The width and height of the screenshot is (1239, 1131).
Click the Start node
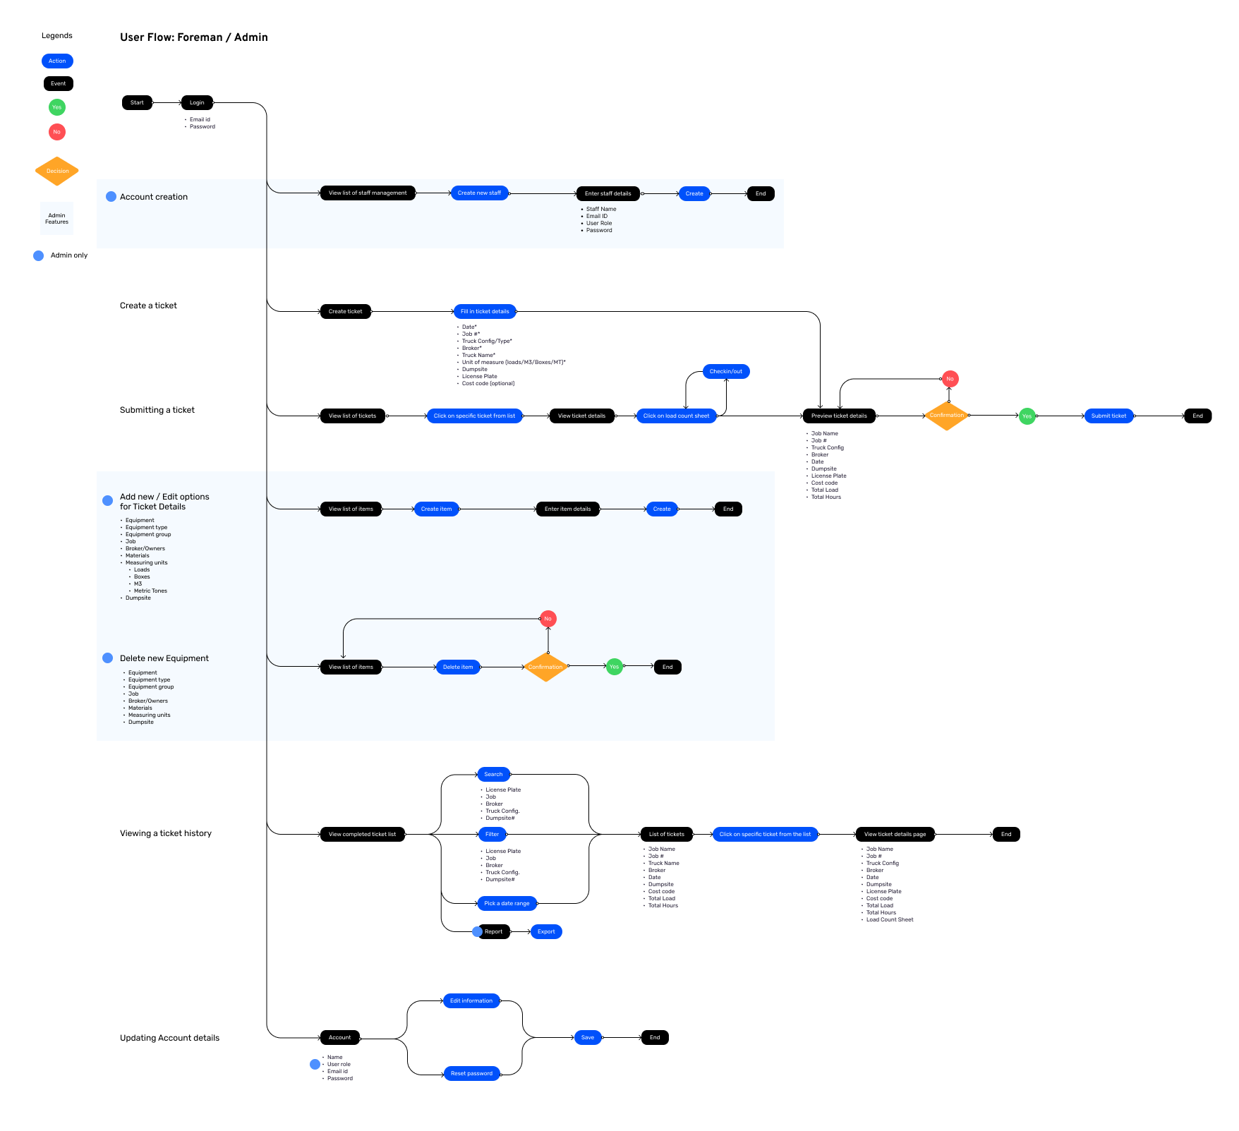coord(137,103)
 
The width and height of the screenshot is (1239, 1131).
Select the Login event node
coord(197,103)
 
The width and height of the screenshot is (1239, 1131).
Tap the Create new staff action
coord(479,193)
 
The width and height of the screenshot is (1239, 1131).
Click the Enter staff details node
coord(608,194)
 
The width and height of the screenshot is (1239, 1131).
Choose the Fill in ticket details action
coord(485,312)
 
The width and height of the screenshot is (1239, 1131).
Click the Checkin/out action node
coord(725,372)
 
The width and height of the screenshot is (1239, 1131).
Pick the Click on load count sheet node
coord(676,416)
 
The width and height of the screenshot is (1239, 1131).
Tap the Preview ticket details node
coord(839,416)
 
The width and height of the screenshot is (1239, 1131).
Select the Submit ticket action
coord(1108,416)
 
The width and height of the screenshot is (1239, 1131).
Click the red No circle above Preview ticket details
coord(950,380)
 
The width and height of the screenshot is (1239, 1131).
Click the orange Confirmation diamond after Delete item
coord(545,667)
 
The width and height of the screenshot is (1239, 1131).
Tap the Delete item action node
coord(458,667)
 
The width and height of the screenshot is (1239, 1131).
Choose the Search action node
coord(493,775)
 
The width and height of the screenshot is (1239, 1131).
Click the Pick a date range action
coord(507,904)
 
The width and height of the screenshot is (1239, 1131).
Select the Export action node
coord(546,932)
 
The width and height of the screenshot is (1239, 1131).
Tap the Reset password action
coord(471,1074)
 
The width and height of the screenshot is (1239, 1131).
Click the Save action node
coord(588,1038)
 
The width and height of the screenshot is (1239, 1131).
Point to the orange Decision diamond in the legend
coord(57,171)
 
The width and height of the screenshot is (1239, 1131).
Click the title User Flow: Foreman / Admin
coord(194,37)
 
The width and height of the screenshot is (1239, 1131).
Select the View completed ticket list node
coord(362,835)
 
